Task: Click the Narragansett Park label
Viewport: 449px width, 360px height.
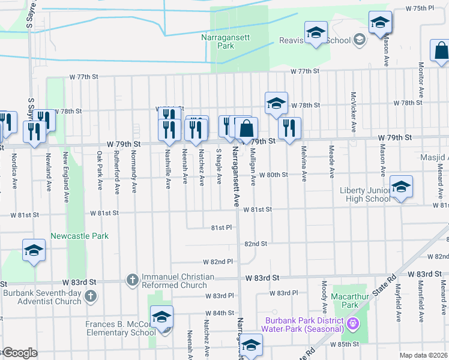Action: [x=217, y=41]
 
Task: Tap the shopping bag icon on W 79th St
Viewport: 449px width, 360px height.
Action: [x=246, y=128]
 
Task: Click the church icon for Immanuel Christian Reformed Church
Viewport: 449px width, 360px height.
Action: [x=132, y=279]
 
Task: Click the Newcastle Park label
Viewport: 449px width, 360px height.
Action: [x=80, y=236]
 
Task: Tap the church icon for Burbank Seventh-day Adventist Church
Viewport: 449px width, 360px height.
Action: [x=90, y=295]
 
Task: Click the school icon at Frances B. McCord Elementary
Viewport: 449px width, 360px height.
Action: [x=161, y=317]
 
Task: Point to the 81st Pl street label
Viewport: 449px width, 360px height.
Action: [x=221, y=228]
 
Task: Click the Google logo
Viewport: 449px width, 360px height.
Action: [x=19, y=353]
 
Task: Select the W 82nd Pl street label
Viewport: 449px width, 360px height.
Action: [x=218, y=262]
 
